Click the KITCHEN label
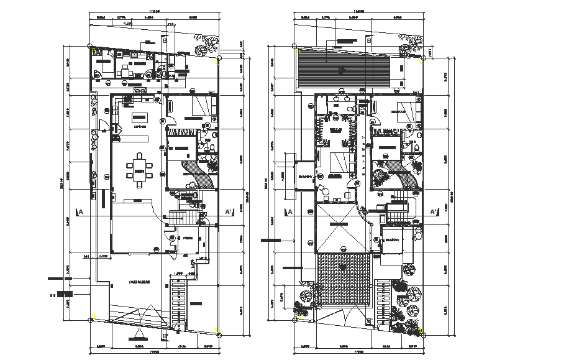coord(139,127)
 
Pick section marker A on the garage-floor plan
coord(80,211)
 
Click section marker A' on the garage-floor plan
coord(228,211)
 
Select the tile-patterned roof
coord(344,280)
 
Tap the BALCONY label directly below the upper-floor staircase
coord(392,240)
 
